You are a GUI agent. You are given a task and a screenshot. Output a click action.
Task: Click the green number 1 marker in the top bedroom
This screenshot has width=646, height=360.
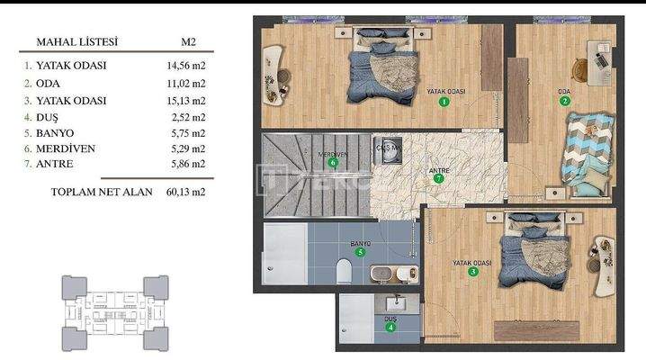tap(444, 103)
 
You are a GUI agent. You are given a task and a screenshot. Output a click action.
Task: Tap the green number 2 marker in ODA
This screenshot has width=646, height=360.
tap(565, 101)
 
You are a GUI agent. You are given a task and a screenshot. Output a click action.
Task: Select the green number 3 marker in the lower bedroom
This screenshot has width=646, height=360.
tap(473, 272)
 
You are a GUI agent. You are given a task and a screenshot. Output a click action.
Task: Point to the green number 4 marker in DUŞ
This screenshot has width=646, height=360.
tap(390, 327)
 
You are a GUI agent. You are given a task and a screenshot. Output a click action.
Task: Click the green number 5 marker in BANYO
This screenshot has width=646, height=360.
tap(361, 253)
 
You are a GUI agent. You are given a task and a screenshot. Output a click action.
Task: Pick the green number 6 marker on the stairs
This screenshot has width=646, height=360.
tap(333, 163)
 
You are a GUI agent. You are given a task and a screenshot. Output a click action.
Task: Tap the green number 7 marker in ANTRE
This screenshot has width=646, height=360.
tap(438, 178)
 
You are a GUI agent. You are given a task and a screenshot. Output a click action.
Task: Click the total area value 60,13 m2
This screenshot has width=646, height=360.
tap(186, 192)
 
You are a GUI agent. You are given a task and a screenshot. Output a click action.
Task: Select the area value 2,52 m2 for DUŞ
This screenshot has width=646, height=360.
tap(186, 115)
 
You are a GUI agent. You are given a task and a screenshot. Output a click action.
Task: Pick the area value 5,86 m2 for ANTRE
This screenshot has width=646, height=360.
tap(186, 164)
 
